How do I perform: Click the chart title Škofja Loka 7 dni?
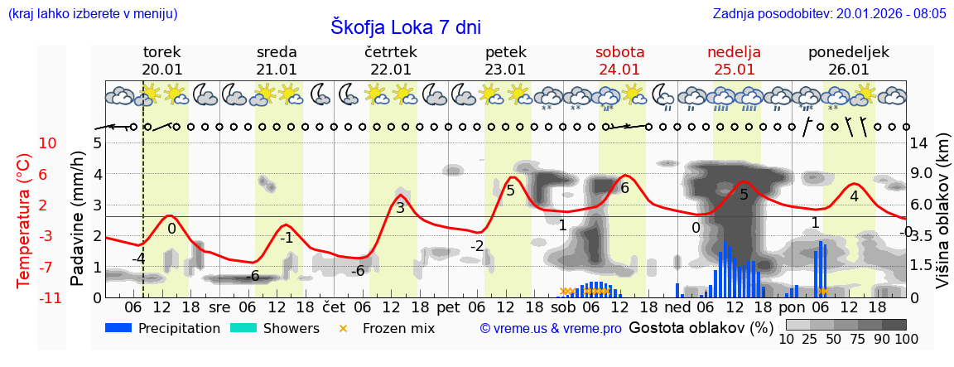click(405, 27)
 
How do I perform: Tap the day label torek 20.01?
click(162, 60)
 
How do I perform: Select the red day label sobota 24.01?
click(619, 60)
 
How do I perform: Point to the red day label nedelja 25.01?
click(734, 60)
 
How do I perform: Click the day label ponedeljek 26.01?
click(849, 60)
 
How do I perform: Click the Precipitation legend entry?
click(163, 328)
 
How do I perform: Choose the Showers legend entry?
click(274, 328)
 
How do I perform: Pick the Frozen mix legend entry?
click(388, 328)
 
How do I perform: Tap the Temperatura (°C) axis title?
click(24, 220)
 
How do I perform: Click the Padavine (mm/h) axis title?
click(78, 219)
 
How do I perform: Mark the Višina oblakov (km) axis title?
click(942, 220)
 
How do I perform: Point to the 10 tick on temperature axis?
click(47, 142)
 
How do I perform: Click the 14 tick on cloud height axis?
click(918, 142)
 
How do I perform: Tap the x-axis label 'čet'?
click(334, 307)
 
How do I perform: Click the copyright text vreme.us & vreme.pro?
click(551, 329)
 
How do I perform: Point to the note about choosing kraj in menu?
click(92, 13)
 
